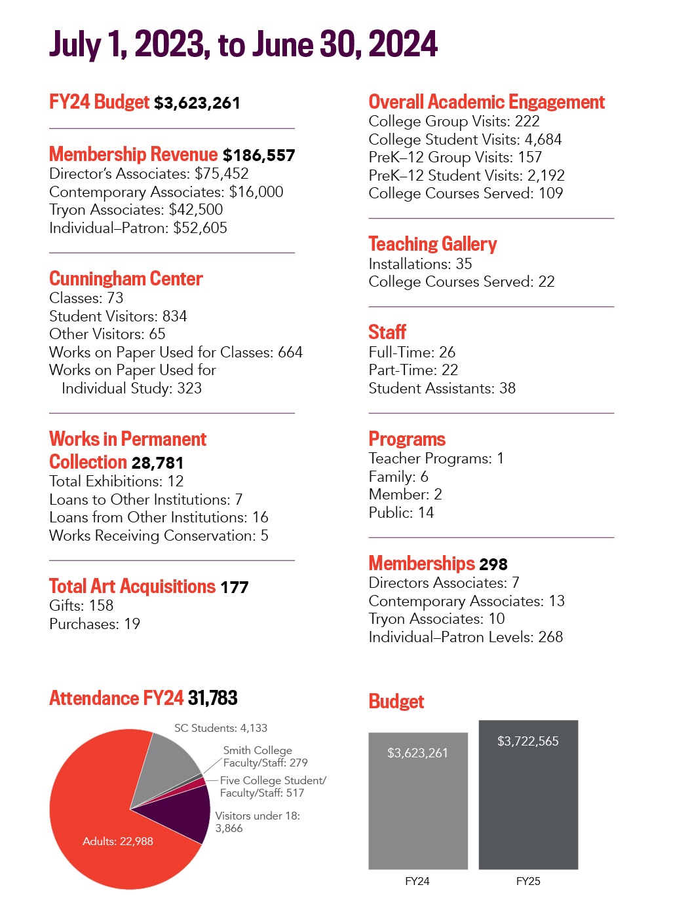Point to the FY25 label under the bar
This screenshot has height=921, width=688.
click(x=528, y=881)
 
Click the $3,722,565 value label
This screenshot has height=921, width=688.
click(x=528, y=741)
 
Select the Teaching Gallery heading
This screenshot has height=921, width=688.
click(x=432, y=244)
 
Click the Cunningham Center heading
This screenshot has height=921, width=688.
click(x=126, y=279)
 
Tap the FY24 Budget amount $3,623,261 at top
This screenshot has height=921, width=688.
click(x=197, y=103)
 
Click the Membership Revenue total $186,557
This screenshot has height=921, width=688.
click(x=259, y=155)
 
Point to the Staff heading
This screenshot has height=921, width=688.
click(x=387, y=332)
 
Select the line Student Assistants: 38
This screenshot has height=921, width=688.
click(x=442, y=388)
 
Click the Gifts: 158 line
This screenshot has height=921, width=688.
click(x=81, y=605)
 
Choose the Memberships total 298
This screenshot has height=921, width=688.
click(x=493, y=564)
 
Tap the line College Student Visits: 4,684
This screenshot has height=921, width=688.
click(x=465, y=139)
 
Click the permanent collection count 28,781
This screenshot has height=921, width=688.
click(x=157, y=463)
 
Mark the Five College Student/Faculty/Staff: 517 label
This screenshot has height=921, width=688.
click(x=272, y=786)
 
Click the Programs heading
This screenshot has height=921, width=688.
click(x=407, y=439)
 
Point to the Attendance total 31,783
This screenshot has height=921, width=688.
click(x=212, y=698)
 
